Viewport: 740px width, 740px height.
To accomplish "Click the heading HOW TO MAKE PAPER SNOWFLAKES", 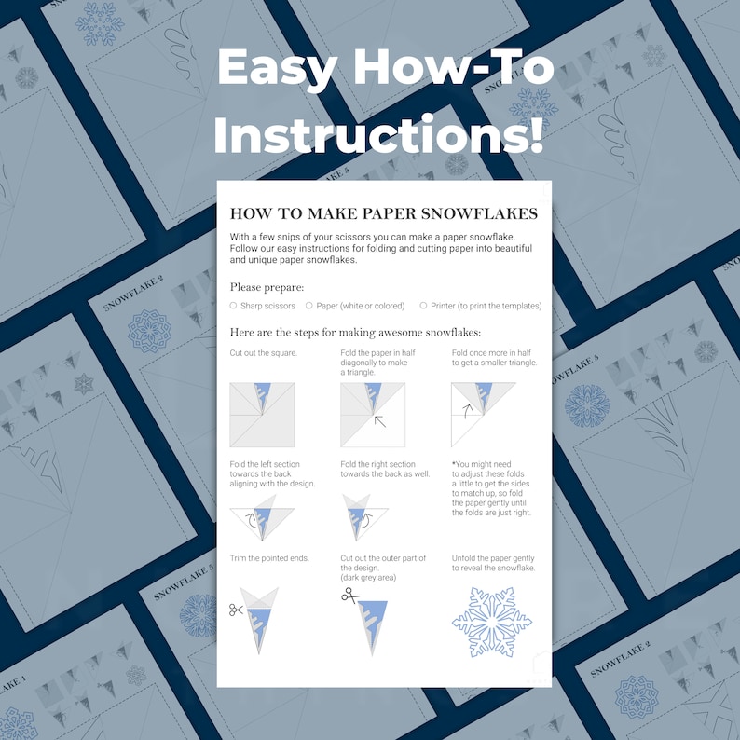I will point(383,214).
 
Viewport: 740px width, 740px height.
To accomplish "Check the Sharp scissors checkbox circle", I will point(233,306).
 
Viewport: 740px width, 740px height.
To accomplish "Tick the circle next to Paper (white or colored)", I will point(308,306).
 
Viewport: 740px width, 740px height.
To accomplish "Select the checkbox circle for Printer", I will point(423,306).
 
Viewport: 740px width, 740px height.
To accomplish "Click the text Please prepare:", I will point(267,287).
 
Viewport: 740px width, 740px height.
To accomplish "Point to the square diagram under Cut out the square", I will point(262,415).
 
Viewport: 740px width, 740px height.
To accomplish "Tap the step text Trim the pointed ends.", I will point(269,558).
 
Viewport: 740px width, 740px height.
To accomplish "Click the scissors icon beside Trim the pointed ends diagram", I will point(236,610).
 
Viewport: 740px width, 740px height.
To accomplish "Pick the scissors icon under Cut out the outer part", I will point(349,595).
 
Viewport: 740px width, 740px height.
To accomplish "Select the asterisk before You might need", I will point(454,464).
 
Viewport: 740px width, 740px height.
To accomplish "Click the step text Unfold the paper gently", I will point(494,558).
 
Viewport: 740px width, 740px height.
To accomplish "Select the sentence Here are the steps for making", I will point(362,333).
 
